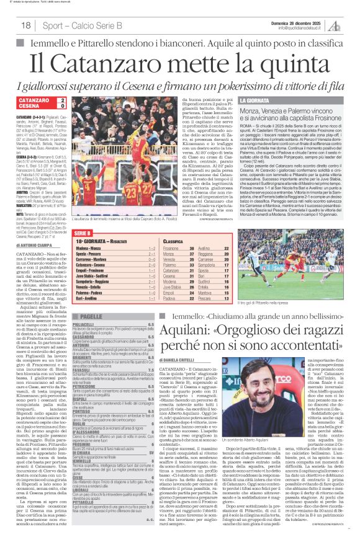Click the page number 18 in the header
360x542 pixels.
[25, 25]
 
